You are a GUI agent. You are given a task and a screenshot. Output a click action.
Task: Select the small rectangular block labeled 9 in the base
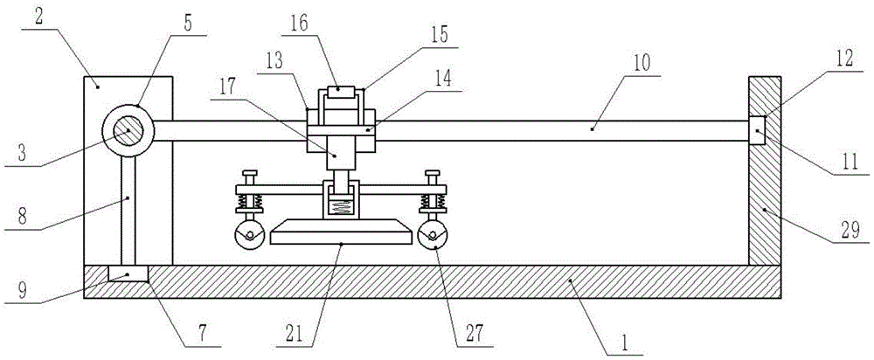[128, 273]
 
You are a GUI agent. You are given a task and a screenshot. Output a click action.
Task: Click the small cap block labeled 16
[341, 92]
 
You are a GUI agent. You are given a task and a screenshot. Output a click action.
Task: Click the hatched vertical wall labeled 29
[764, 170]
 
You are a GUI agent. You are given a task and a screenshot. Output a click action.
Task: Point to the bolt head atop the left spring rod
[248, 173]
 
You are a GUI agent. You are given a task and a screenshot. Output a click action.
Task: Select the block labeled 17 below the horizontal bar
[341, 152]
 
